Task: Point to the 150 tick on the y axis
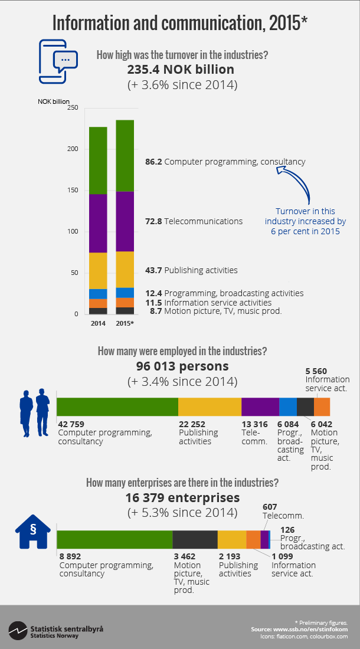71,191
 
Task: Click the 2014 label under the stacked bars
98,324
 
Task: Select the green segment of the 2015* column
125,156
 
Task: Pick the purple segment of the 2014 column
98,223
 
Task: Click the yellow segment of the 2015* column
125,270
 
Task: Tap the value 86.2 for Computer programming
154,161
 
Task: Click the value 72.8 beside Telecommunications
154,221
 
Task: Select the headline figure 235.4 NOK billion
181,70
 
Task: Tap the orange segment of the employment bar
322,407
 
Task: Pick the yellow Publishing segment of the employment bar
210,407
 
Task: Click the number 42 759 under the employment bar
71,424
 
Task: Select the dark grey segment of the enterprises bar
195,540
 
